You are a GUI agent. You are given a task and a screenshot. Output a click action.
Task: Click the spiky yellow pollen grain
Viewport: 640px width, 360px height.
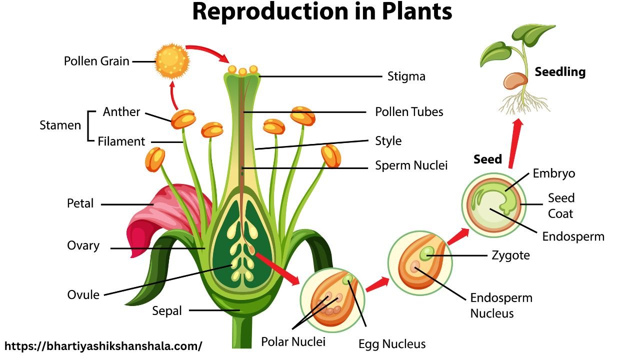point(172,61)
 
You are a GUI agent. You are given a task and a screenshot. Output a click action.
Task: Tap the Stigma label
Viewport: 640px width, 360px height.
point(406,76)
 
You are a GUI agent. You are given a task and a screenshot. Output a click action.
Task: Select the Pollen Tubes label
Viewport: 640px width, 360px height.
point(409,111)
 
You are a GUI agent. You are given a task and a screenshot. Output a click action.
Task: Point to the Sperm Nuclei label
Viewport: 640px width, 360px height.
point(411,165)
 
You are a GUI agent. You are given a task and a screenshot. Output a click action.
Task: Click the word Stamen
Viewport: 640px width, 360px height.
point(60,125)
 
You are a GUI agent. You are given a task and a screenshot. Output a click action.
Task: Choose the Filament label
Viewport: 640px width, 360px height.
point(121,141)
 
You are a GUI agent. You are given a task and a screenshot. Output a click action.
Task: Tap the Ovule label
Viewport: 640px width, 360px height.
point(83,294)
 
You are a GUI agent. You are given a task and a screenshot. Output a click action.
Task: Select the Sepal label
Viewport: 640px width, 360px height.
point(167,310)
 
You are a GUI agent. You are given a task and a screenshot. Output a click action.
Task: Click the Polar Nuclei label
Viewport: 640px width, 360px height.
point(293,341)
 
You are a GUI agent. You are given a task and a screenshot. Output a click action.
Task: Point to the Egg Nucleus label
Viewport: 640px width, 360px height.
point(392,344)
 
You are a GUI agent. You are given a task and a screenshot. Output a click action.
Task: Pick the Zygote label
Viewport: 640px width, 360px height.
point(510,255)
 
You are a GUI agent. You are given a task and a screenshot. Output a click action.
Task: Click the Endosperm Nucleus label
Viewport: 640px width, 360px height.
point(501,306)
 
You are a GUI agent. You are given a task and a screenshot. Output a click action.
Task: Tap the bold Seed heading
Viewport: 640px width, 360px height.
point(487,159)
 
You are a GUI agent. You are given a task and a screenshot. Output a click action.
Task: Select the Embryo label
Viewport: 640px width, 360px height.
point(553,173)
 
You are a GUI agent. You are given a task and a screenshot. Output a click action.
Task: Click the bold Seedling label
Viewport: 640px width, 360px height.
point(560,72)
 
